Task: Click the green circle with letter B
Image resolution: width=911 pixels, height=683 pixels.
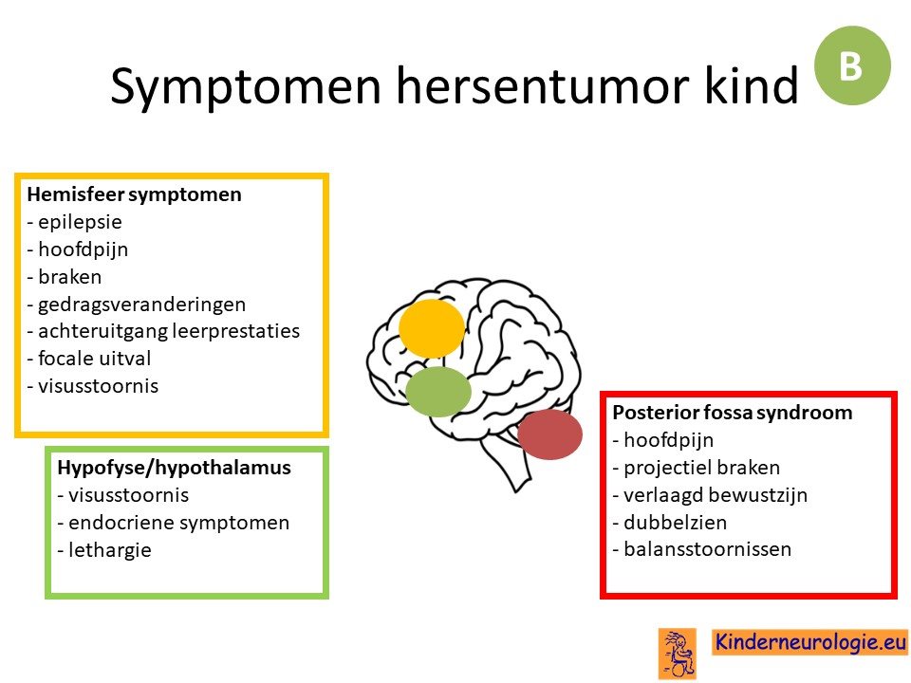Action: click(x=852, y=65)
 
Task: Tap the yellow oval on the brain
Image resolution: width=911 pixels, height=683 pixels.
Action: click(x=432, y=328)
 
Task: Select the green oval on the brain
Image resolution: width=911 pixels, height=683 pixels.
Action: click(x=438, y=392)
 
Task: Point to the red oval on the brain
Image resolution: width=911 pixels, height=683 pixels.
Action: click(x=549, y=434)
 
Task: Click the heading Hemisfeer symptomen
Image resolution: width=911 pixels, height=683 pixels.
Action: click(x=134, y=194)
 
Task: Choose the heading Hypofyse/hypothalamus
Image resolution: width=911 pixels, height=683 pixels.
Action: click(x=175, y=468)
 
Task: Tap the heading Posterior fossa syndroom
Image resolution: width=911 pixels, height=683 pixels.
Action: click(x=733, y=413)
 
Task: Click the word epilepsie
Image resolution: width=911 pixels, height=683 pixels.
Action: click(x=80, y=222)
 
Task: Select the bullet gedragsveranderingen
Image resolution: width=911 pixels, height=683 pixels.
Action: click(x=137, y=305)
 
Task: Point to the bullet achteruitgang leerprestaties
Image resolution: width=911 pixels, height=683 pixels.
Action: click(x=163, y=331)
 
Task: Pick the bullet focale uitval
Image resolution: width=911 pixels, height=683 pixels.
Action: click(x=89, y=359)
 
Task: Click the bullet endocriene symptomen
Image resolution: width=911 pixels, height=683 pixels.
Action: click(x=173, y=523)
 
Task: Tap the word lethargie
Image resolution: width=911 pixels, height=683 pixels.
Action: click(x=110, y=550)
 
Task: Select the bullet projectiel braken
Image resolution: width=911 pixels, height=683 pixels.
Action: click(x=696, y=468)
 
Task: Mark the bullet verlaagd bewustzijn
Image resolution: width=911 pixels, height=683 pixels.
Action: click(x=710, y=495)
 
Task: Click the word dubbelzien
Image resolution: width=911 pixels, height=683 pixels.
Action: click(x=675, y=523)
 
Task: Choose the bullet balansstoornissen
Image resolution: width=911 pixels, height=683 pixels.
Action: click(x=702, y=549)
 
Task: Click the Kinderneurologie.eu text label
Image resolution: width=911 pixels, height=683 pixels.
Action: click(x=810, y=642)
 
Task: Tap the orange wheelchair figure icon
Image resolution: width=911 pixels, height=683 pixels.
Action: click(x=678, y=654)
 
